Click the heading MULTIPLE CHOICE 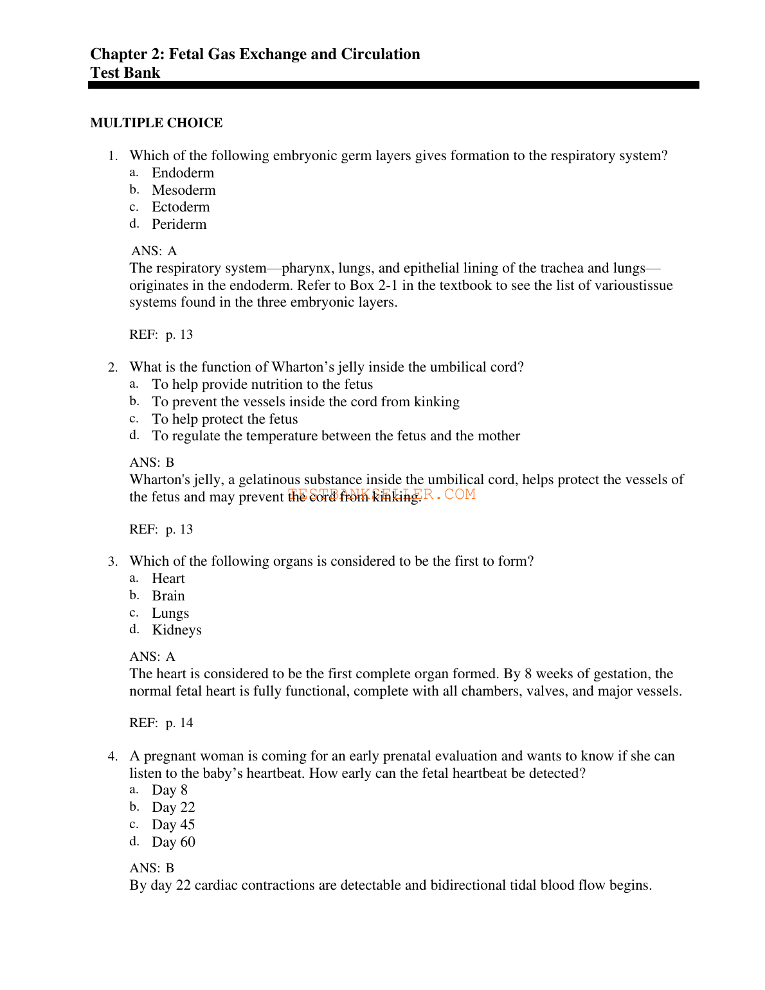156,123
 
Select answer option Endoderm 183,173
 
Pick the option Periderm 179,224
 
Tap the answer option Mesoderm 183,190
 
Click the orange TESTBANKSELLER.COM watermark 382,494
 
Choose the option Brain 168,596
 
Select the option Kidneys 176,630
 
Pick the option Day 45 173,825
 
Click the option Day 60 173,842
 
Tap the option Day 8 169,790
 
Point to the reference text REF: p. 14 161,723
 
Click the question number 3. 113,562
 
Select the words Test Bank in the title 125,73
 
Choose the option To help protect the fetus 224,419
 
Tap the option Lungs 170,613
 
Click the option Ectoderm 181,207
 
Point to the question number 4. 113,757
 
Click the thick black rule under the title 393,85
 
